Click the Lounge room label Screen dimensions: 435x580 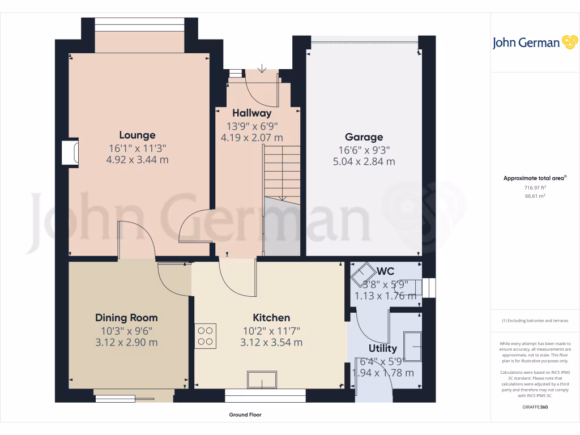click(x=137, y=135)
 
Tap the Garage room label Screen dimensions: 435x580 click(x=364, y=137)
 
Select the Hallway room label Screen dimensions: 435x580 click(x=251, y=113)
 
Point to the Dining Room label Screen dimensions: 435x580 click(x=126, y=318)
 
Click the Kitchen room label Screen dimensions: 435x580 click(x=271, y=318)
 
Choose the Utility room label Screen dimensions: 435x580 click(x=383, y=348)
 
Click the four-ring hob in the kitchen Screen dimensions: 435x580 click(x=206, y=335)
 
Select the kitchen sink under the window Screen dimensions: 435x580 click(x=262, y=379)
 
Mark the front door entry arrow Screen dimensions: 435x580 click(x=262, y=69)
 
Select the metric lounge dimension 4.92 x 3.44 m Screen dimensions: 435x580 click(x=138, y=160)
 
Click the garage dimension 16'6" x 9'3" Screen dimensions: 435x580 click(x=364, y=150)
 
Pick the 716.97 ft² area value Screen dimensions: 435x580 click(x=535, y=187)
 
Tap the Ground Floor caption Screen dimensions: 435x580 click(x=245, y=415)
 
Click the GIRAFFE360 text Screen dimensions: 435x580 click(x=535, y=407)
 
